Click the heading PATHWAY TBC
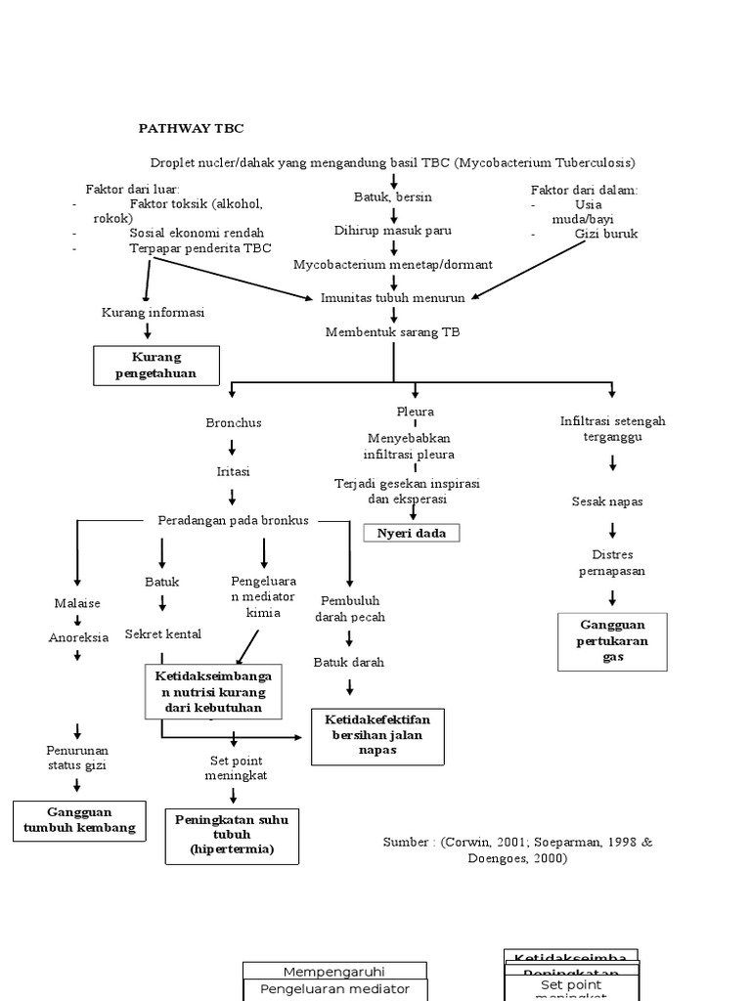[x=191, y=128]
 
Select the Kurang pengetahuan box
[x=156, y=366]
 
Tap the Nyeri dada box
[x=411, y=533]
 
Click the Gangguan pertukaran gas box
[x=612, y=641]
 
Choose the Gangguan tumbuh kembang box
[x=80, y=821]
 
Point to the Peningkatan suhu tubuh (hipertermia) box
[x=232, y=836]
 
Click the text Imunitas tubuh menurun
[x=394, y=297]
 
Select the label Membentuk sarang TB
[x=393, y=332]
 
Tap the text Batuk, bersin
[x=392, y=197]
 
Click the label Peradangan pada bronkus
[x=233, y=520]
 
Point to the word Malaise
[x=77, y=603]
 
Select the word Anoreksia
[x=78, y=637]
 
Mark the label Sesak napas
[x=607, y=501]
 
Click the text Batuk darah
[x=349, y=662]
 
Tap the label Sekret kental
[x=163, y=634]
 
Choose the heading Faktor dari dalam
[x=584, y=190]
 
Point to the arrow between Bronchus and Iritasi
[x=233, y=447]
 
